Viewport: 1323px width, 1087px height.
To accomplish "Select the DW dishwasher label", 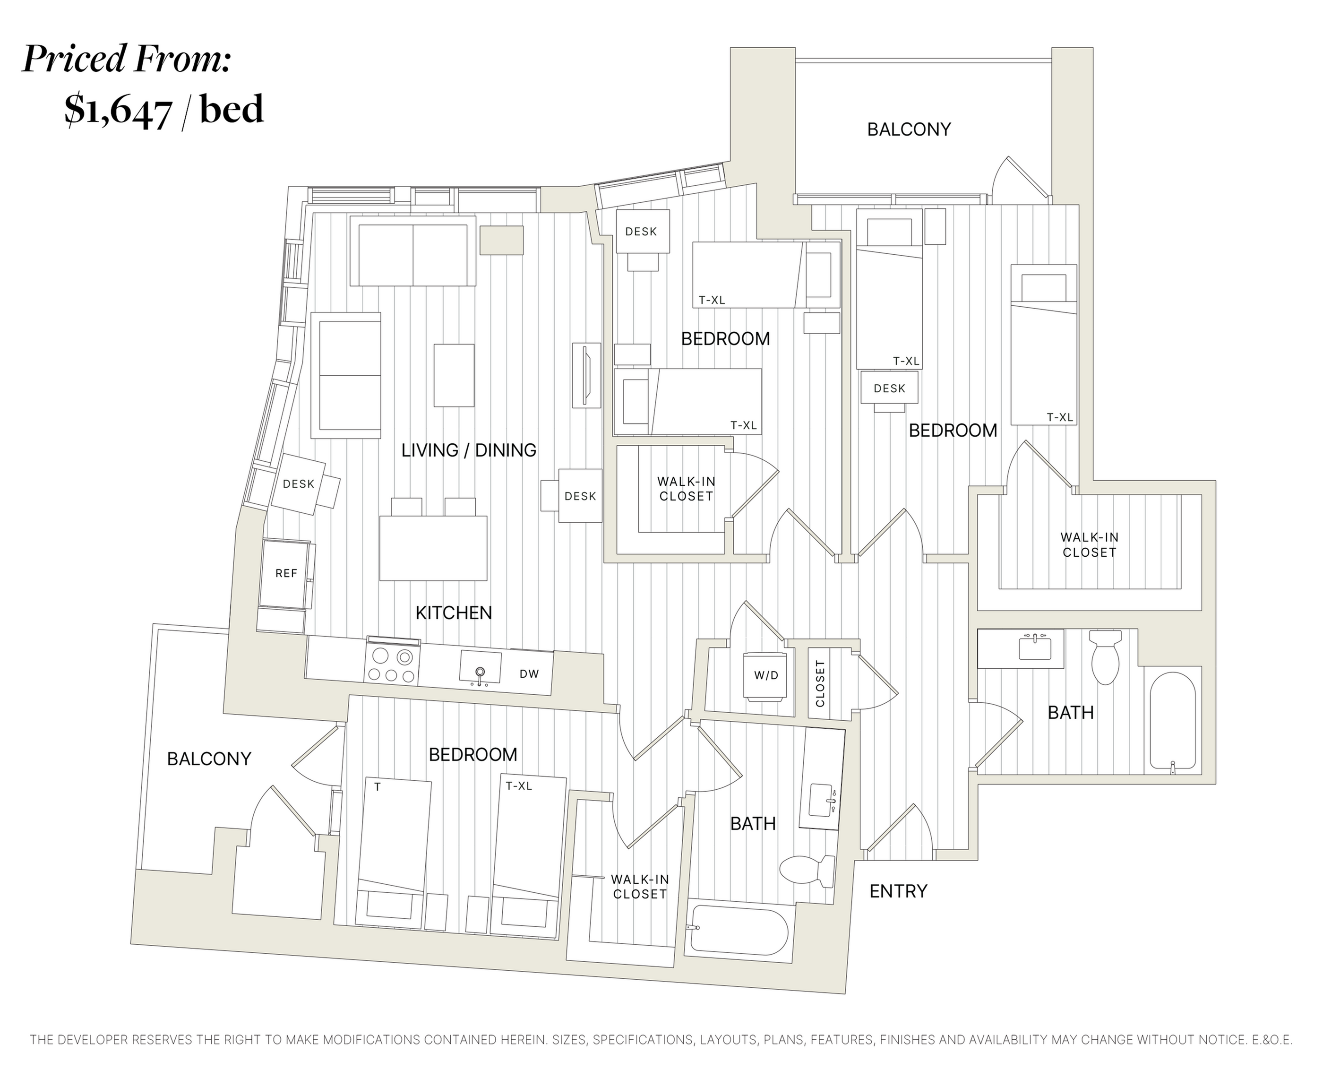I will coord(529,674).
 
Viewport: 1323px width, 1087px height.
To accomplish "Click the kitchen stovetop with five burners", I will coord(392,665).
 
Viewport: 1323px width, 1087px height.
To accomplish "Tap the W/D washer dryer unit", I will coord(766,676).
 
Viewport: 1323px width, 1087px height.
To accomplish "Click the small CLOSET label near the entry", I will coord(820,684).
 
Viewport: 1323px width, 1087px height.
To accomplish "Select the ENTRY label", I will coord(898,891).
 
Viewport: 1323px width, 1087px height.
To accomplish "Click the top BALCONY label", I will coord(909,129).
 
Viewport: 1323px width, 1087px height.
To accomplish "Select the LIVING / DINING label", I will coord(469,450).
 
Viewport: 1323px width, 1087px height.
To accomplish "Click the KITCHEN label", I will coord(454,613).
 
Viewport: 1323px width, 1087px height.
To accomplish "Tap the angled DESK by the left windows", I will coord(299,484).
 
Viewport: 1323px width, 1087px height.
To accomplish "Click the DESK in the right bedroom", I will coord(889,389).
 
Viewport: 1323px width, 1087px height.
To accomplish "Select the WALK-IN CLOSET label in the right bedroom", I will coord(1089,545).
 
